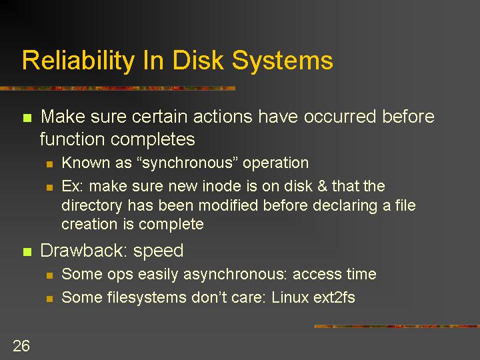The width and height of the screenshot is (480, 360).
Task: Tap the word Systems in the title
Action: click(282, 61)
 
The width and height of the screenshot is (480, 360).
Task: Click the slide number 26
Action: click(21, 346)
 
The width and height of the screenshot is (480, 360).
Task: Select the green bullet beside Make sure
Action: click(27, 117)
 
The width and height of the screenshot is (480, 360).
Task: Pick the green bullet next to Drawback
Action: click(27, 251)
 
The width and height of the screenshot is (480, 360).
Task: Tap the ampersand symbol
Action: click(322, 186)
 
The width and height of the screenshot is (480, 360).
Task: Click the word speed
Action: click(158, 251)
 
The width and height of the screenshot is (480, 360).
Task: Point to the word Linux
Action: click(289, 297)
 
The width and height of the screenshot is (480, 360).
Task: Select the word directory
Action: click(92, 206)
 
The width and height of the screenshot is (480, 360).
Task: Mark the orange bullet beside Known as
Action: click(49, 165)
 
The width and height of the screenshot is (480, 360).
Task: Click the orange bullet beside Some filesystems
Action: click(49, 299)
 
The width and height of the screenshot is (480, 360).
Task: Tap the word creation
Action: click(89, 224)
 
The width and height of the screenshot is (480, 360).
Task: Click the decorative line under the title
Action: click(117, 89)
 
